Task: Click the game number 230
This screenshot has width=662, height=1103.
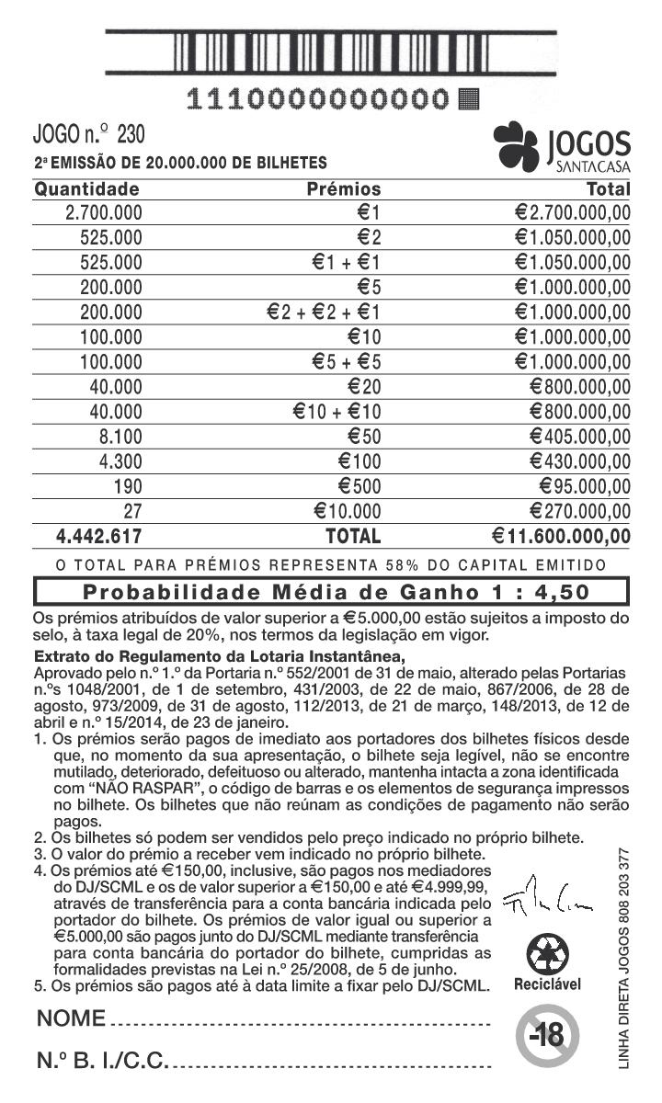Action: pyautogui.click(x=131, y=136)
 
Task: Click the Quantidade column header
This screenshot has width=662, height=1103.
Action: pyautogui.click(x=86, y=189)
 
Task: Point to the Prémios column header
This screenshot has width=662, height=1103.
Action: pyautogui.click(x=342, y=189)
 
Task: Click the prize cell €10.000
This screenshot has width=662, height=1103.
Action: pyautogui.click(x=347, y=511)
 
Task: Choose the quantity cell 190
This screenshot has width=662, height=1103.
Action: pyautogui.click(x=127, y=486)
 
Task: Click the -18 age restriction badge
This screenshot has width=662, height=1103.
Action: pyautogui.click(x=546, y=1036)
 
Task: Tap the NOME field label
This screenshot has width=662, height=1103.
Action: pyautogui.click(x=72, y=1018)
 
